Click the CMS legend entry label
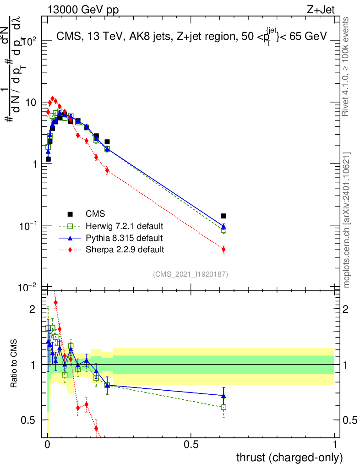coord(95,214)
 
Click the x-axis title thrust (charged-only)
coord(289,457)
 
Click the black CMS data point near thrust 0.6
coord(224,216)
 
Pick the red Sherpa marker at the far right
coord(224,250)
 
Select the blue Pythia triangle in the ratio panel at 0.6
coord(224,396)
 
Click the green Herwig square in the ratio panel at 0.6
coord(224,407)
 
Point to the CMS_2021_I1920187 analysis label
coord(191,274)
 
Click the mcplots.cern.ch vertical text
coord(347,220)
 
